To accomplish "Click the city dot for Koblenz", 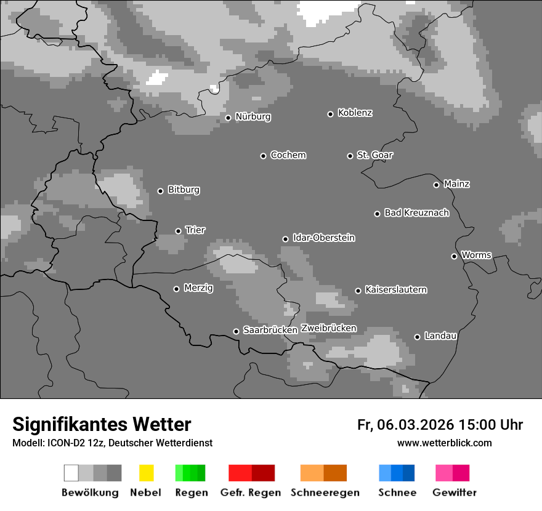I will (x=331, y=114).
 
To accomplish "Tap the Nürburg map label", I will (x=253, y=117).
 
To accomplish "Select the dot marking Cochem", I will (x=263, y=156).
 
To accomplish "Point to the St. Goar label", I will (x=374, y=155).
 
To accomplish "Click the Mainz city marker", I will (x=436, y=185).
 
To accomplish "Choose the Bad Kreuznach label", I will (x=416, y=213).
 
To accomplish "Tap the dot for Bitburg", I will (x=160, y=191).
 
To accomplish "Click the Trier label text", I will (x=195, y=230).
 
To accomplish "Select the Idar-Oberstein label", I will (x=324, y=238).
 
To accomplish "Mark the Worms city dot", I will (x=454, y=256).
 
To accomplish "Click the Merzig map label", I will (x=198, y=288).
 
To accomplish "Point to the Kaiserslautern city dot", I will (x=358, y=291).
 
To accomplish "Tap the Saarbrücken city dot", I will (x=236, y=331).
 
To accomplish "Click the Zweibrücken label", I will (x=328, y=328).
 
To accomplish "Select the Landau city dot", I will (x=417, y=337).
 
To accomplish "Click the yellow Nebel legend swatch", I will (x=146, y=473).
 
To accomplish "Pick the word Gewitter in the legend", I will (x=455, y=493).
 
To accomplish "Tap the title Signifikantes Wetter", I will (x=102, y=424).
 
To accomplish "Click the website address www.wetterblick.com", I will (x=444, y=443).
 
